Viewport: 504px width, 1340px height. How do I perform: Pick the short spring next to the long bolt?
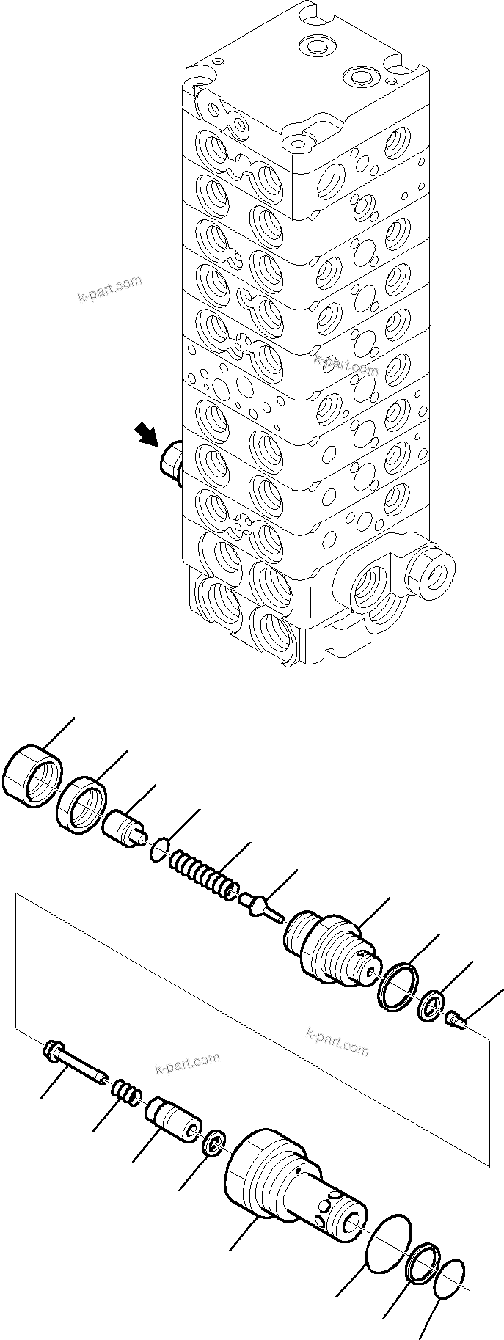[x=126, y=1095]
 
